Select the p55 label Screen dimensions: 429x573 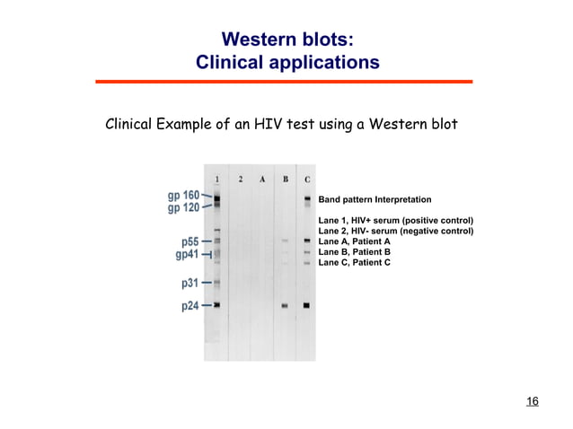pos(190,241)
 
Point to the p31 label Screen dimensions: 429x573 pos(190,284)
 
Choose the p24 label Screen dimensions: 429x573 pos(190,306)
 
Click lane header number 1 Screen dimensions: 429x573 pos(217,179)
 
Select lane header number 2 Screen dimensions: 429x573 pos(240,179)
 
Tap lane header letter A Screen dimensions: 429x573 pos(262,179)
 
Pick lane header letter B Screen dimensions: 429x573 pos(285,179)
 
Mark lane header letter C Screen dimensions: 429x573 pos(307,179)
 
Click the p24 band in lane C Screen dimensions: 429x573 pos(306,306)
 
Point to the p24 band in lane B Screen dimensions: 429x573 pos(285,306)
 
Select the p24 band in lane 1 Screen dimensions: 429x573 pos(217,306)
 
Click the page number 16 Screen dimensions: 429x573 pos(532,400)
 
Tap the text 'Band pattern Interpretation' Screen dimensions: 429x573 pos(375,199)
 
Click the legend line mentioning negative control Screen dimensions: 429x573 pos(395,231)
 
